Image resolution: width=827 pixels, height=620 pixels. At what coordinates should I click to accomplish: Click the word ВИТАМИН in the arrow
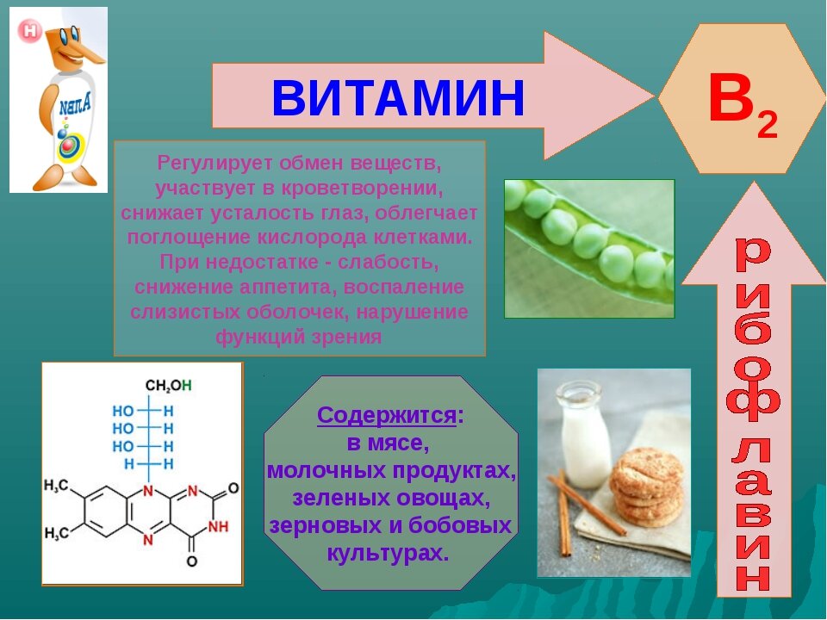tap(398, 97)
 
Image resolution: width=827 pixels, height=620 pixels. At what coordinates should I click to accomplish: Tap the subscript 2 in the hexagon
tap(767, 126)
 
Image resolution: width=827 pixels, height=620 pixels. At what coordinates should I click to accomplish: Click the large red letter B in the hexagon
tap(731, 100)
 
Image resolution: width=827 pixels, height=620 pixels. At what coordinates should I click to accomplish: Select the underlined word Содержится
tap(386, 416)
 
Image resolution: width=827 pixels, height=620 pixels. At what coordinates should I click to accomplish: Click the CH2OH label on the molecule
tap(169, 385)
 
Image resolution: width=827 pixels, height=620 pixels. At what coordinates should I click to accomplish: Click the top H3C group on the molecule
tap(56, 487)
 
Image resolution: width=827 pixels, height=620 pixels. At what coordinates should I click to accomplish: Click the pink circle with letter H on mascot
tap(31, 32)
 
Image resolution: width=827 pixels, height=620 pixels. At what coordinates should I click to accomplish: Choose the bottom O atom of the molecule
tap(191, 561)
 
